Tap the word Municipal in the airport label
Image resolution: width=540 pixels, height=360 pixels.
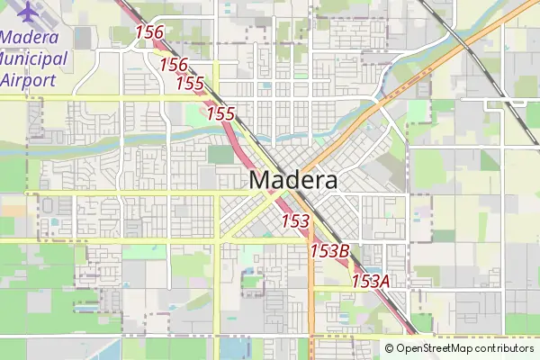tap(34, 58)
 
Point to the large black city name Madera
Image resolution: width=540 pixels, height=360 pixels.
tap(293, 180)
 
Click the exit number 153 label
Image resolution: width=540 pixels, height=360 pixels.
tap(295, 220)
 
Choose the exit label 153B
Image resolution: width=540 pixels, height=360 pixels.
tap(329, 251)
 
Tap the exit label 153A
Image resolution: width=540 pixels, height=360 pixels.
tap(370, 281)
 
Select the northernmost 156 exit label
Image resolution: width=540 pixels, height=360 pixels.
tap(149, 32)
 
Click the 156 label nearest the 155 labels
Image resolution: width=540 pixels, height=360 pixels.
tap(174, 65)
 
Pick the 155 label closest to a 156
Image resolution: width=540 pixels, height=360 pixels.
tap(190, 84)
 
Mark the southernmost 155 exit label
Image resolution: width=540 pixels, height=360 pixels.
tap(220, 113)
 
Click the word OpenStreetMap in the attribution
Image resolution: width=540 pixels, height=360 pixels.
tap(435, 348)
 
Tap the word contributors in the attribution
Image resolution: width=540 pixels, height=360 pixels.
tap(504, 348)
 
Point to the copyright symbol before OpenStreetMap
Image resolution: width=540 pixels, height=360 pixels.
tap(390, 348)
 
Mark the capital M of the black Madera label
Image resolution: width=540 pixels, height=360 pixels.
tap(260, 180)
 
